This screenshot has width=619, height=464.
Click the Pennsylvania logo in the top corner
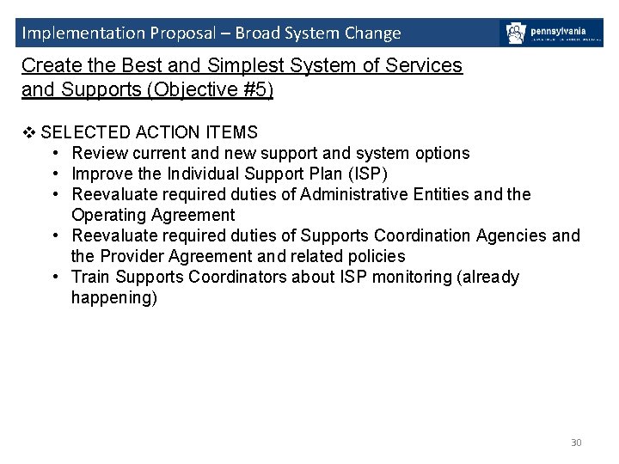551,34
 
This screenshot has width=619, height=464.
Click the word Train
90,277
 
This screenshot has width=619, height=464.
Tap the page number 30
576,443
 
